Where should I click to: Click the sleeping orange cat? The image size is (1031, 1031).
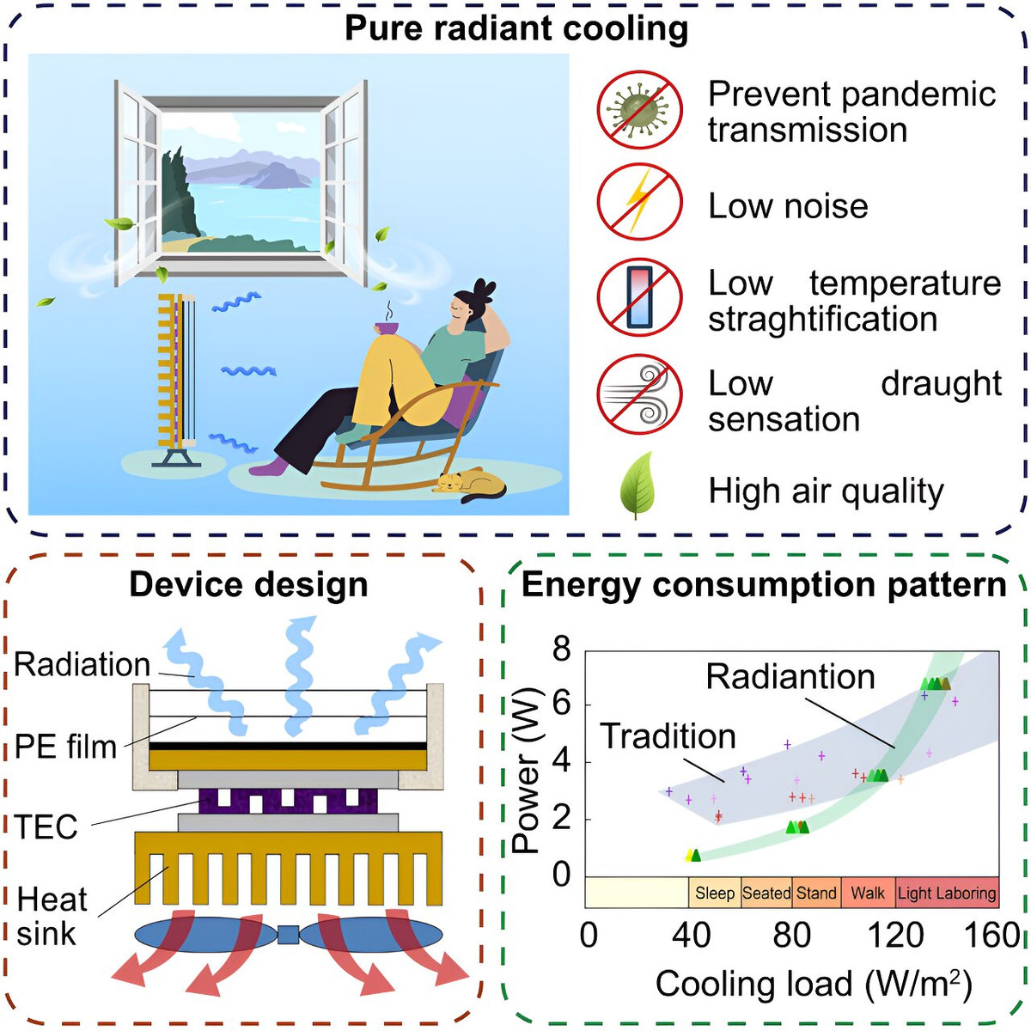pyautogui.click(x=470, y=485)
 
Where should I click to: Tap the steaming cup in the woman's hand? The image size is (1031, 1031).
pyautogui.click(x=387, y=326)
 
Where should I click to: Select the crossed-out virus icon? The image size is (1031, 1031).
pyautogui.click(x=639, y=110)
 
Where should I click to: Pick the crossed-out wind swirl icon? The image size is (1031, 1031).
pyautogui.click(x=639, y=394)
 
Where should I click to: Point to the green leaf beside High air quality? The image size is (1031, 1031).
pyautogui.click(x=637, y=485)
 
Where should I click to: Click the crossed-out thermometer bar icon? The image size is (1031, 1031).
pyautogui.click(x=639, y=297)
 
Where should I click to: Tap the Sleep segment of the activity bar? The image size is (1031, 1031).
pyautogui.click(x=714, y=893)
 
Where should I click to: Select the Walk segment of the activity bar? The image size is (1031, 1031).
pyautogui.click(x=867, y=893)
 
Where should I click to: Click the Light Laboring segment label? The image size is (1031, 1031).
pyautogui.click(x=947, y=893)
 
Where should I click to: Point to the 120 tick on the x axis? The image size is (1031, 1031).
pyautogui.click(x=894, y=936)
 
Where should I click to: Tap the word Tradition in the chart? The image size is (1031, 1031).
pyautogui.click(x=668, y=736)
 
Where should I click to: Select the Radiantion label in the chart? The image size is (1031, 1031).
pyautogui.click(x=790, y=677)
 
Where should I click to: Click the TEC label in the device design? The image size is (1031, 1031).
pyautogui.click(x=46, y=826)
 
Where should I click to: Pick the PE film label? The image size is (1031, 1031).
pyautogui.click(x=65, y=747)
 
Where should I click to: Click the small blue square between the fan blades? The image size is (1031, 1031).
pyautogui.click(x=288, y=935)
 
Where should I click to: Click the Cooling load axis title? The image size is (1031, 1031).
pyautogui.click(x=814, y=985)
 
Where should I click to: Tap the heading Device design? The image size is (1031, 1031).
pyautogui.click(x=249, y=585)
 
